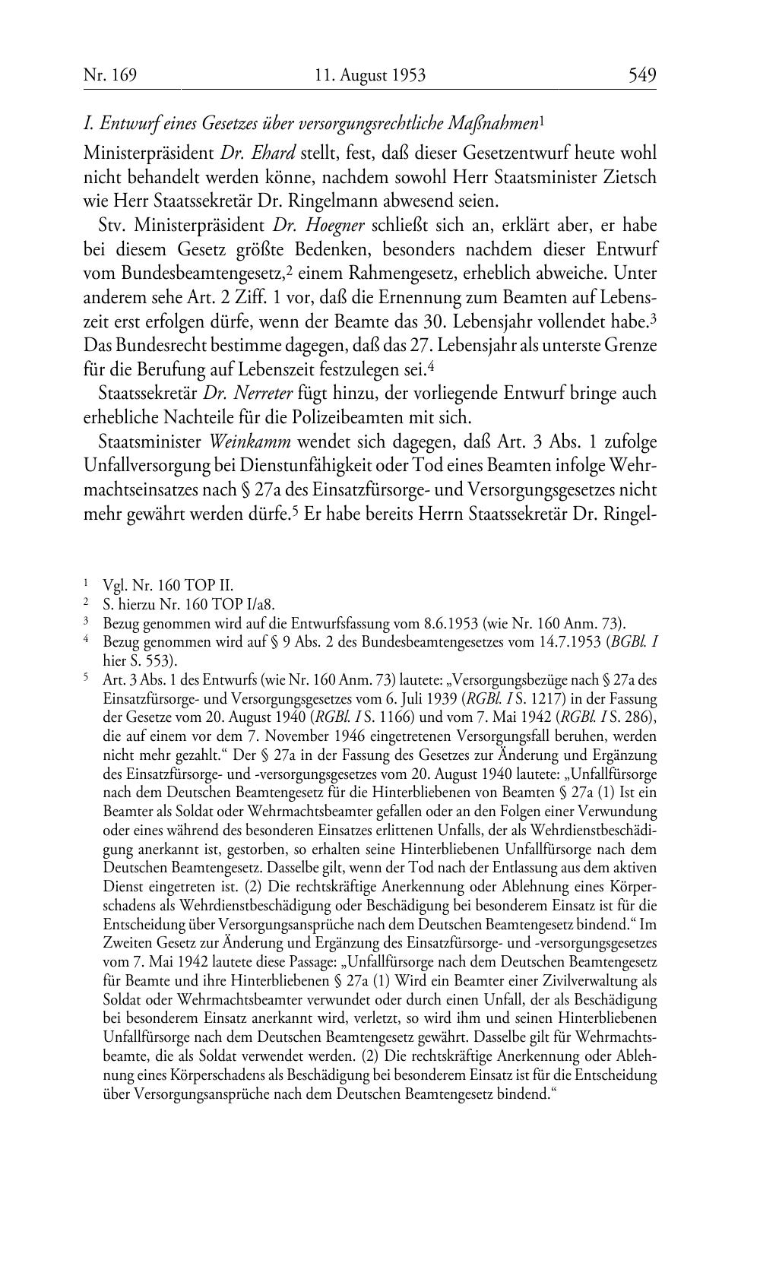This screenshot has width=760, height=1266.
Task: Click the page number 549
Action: pos(641,74)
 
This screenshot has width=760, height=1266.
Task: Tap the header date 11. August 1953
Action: pos(370,74)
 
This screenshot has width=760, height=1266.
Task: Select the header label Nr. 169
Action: pos(109,74)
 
